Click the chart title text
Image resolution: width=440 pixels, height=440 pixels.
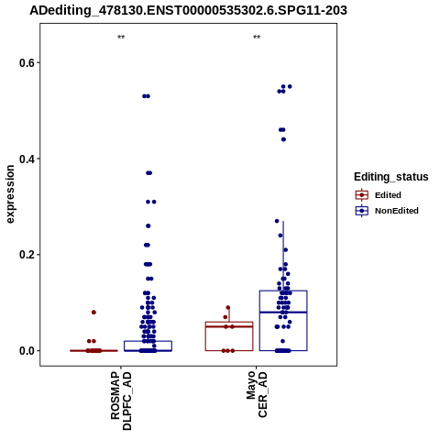188,10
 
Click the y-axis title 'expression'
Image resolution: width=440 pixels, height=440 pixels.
10,194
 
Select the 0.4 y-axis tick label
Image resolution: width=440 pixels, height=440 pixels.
26,159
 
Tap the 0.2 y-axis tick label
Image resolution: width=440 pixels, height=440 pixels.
26,255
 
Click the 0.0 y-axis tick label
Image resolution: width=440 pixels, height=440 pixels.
26,351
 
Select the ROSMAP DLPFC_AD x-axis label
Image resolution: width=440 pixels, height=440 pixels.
121,401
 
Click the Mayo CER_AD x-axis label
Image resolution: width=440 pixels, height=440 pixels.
257,394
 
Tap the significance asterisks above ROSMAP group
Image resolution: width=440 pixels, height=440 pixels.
121,38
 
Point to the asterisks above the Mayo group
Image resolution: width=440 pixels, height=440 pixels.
257,38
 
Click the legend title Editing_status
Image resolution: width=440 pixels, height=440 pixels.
391,177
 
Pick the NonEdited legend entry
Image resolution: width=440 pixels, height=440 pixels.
387,211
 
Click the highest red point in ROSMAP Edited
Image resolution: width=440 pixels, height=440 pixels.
93,313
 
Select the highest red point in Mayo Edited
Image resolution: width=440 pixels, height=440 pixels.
228,308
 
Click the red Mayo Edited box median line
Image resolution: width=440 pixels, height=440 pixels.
229,326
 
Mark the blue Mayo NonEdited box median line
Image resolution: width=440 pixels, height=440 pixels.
283,313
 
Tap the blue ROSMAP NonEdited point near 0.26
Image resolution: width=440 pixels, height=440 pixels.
148,226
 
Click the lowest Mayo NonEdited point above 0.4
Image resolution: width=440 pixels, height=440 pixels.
283,139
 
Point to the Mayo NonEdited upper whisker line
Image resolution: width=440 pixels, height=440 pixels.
283,256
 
